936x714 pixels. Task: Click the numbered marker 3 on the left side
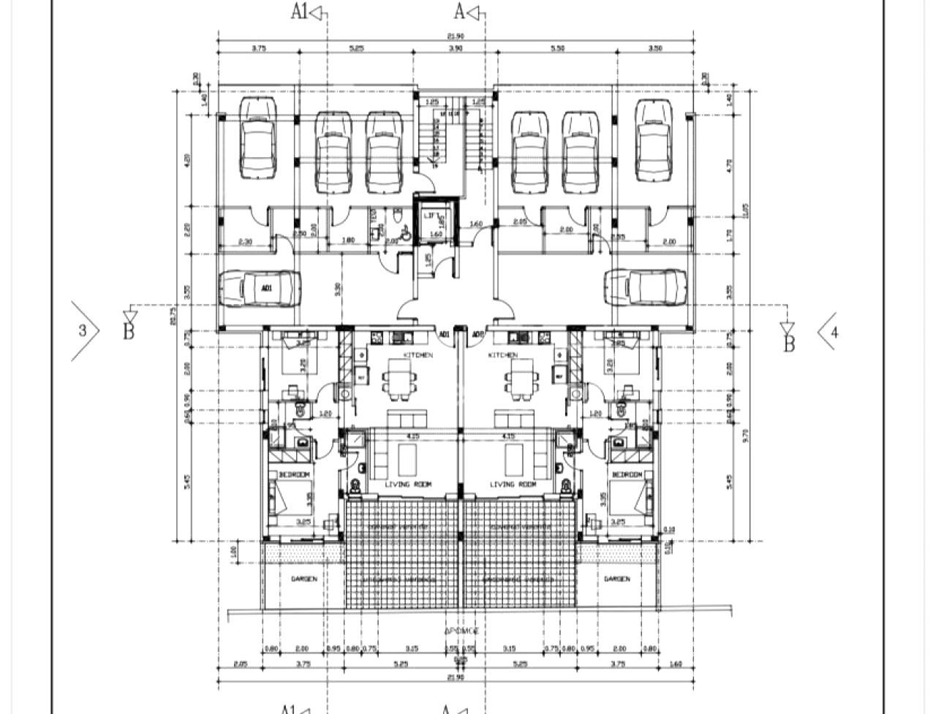click(82, 331)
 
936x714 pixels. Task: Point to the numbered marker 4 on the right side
click(834, 331)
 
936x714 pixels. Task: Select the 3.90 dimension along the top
click(455, 48)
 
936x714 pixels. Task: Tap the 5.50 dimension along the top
click(557, 48)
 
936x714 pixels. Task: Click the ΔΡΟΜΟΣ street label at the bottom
click(461, 630)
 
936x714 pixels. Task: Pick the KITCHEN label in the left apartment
click(418, 355)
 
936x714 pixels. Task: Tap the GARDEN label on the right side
click(616, 579)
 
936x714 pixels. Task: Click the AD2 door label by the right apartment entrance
click(478, 335)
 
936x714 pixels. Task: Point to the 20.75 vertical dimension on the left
click(173, 314)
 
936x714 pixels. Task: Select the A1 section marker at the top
click(300, 12)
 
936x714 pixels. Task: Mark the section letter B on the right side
click(788, 343)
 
